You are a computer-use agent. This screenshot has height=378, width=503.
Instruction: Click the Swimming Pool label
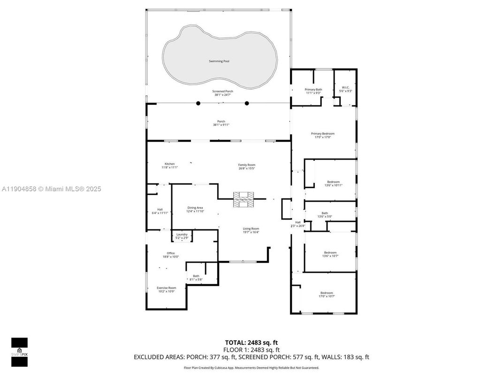[219, 61]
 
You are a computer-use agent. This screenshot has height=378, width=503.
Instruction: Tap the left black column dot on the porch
[198, 103]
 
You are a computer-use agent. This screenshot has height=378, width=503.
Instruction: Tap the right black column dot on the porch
[247, 103]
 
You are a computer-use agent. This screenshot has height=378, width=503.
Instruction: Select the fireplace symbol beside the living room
[243, 199]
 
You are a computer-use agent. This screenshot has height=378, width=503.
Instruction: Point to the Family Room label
[247, 165]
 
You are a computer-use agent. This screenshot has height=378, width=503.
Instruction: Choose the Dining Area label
[195, 207]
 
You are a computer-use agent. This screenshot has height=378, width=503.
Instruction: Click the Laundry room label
[182, 235]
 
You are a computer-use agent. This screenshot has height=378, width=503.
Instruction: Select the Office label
[171, 253]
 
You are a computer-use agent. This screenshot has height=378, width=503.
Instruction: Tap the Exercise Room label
[166, 288]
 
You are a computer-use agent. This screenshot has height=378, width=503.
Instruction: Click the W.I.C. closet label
[345, 87]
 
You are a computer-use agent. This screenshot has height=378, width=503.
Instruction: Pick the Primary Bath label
[313, 89]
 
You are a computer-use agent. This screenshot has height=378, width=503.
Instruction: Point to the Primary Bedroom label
[323, 134]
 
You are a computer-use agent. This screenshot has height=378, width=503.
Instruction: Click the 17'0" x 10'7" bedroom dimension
[327, 296]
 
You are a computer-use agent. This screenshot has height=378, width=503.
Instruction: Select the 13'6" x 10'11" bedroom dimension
[333, 185]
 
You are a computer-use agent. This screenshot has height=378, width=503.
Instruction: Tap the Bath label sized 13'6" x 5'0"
[325, 213]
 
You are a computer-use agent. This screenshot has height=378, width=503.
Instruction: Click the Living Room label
[251, 228]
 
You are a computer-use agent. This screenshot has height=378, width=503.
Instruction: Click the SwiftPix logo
[19, 352]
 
